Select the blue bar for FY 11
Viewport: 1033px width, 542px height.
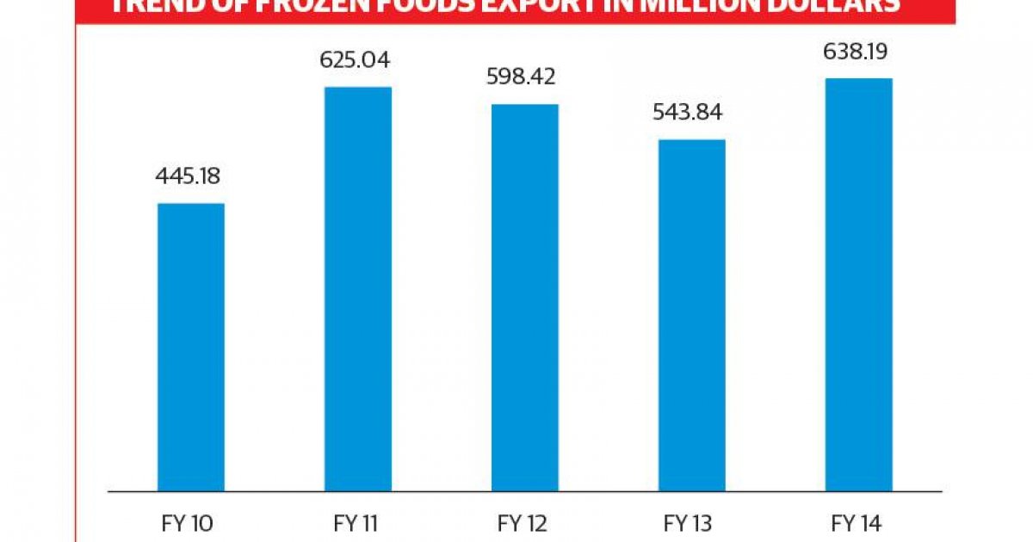point(358,289)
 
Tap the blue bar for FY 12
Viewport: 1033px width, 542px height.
point(525,298)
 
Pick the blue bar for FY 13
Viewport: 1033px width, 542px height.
point(692,315)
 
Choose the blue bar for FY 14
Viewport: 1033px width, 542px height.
point(859,285)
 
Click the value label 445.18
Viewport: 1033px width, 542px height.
point(189,178)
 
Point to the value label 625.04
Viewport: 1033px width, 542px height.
point(356,60)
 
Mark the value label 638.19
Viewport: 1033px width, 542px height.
point(857,52)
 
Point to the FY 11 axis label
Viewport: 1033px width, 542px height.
point(357,521)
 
